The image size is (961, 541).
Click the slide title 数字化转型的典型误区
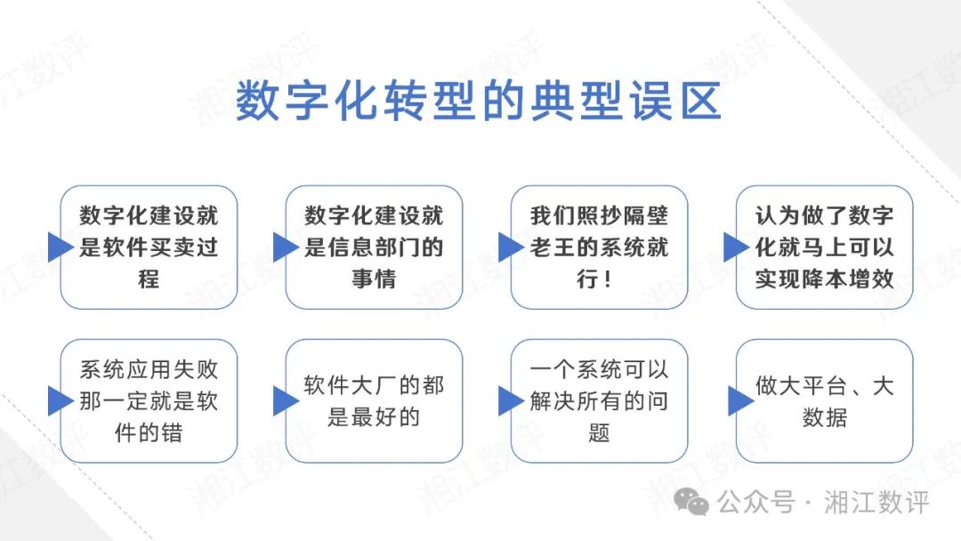pyautogui.click(x=478, y=102)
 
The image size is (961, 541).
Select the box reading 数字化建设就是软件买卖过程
pyautogui.click(x=149, y=246)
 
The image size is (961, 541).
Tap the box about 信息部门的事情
pyautogui.click(x=374, y=246)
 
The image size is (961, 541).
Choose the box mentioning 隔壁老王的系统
pyautogui.click(x=599, y=246)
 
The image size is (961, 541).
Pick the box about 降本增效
pyautogui.click(x=824, y=246)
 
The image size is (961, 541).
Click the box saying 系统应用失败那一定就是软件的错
pyautogui.click(x=149, y=401)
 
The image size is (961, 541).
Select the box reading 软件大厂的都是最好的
pyautogui.click(x=374, y=401)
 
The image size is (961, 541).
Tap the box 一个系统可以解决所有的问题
pyautogui.click(x=599, y=401)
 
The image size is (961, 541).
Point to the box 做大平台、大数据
pyautogui.click(x=824, y=401)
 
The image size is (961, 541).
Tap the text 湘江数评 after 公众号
pyautogui.click(x=876, y=502)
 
